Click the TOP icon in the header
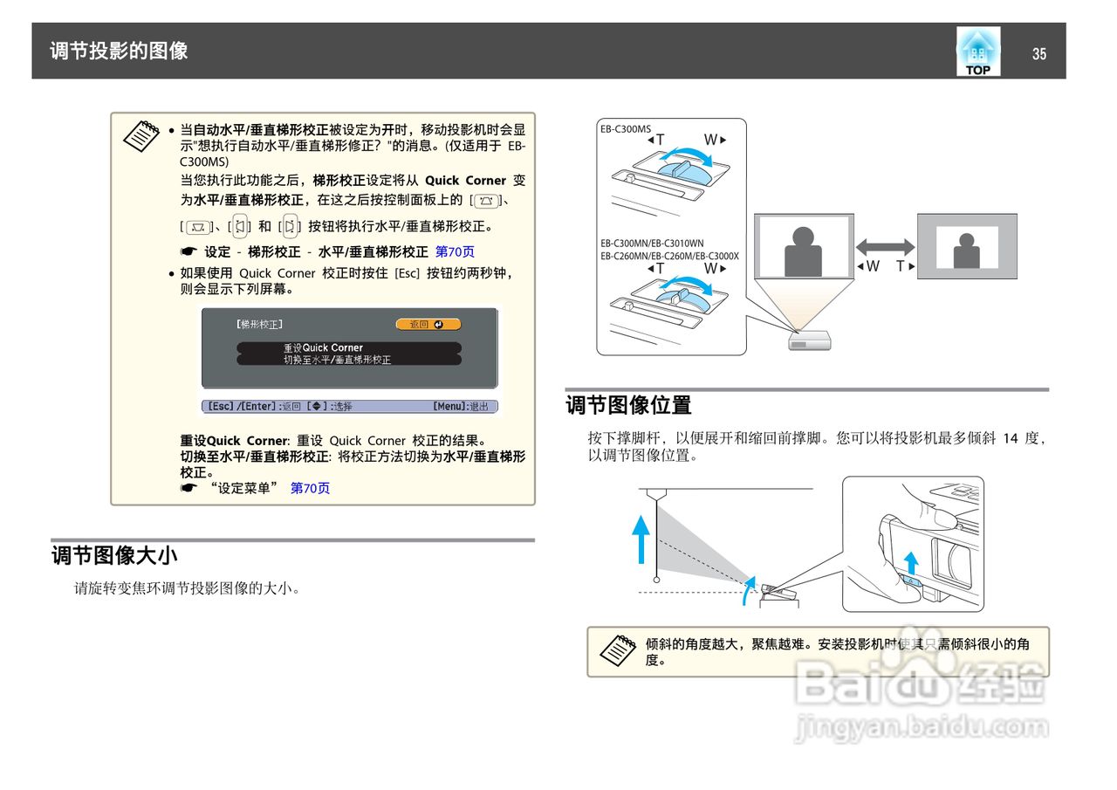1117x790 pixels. tap(977, 52)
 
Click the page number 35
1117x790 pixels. tap(1038, 54)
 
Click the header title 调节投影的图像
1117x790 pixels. tap(119, 51)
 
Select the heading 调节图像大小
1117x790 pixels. tap(115, 555)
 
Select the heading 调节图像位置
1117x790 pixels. tap(628, 405)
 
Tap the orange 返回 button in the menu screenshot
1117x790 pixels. tap(428, 325)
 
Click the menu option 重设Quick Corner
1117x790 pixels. tap(348, 347)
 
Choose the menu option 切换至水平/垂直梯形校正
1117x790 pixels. tap(348, 360)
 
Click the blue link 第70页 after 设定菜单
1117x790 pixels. tap(310, 489)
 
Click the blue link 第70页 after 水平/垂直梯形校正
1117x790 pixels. tap(455, 252)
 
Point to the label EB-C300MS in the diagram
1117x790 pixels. tap(625, 129)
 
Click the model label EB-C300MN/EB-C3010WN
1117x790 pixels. tap(651, 243)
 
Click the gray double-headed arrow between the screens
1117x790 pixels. tap(884, 247)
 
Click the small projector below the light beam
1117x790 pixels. tap(799, 340)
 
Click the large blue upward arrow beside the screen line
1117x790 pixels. tap(641, 539)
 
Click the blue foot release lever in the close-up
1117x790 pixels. tap(910, 580)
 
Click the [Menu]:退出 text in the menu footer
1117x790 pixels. tap(463, 407)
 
